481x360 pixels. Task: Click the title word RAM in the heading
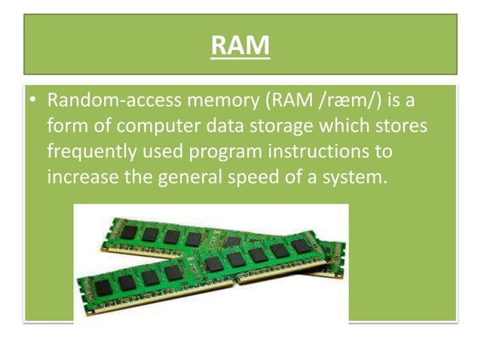(x=240, y=47)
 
